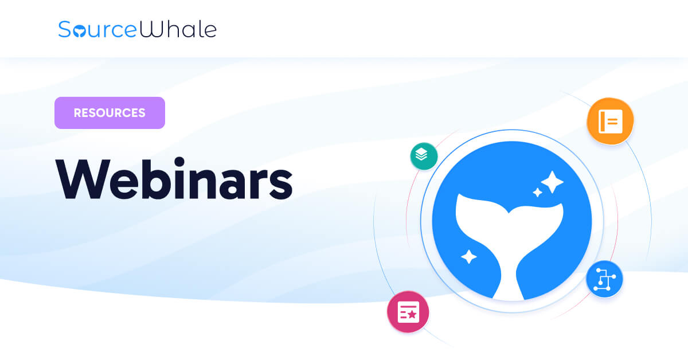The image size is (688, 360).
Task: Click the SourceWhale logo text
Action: (x=137, y=29)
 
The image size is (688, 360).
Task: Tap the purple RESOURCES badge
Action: (x=110, y=113)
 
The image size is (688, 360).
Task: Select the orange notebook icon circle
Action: (x=610, y=121)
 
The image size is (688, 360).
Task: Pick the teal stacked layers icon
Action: (x=424, y=156)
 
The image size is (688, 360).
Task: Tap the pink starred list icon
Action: (x=408, y=312)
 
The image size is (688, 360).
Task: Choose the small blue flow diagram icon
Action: (x=604, y=279)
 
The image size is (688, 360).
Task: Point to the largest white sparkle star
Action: (x=552, y=182)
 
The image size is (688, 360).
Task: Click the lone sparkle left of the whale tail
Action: (x=469, y=256)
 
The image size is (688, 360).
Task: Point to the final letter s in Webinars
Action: (x=280, y=183)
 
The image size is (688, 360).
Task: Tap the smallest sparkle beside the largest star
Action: (x=537, y=193)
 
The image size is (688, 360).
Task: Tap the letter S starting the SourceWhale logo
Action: (x=65, y=29)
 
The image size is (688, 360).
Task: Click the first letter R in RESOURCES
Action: (x=78, y=113)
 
